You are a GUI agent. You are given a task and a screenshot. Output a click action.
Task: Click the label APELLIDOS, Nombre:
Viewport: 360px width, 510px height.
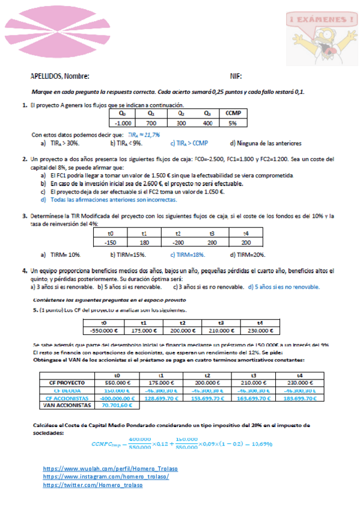[60, 76]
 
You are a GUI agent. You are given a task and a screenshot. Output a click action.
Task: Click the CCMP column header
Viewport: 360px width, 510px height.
[231, 113]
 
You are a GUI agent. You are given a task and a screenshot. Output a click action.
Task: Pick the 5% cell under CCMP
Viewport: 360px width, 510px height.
[231, 123]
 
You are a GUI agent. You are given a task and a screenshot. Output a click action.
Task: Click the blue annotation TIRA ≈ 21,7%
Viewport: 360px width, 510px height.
[144, 135]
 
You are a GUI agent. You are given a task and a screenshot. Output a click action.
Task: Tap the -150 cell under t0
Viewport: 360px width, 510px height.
[109, 242]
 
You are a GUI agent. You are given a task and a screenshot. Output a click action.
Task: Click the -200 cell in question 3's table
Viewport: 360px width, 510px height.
[178, 242]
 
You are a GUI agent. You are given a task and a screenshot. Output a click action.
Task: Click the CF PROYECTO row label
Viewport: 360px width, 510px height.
[62, 382]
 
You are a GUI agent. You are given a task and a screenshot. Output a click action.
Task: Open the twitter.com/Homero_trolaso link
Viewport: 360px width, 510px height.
[93, 485]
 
